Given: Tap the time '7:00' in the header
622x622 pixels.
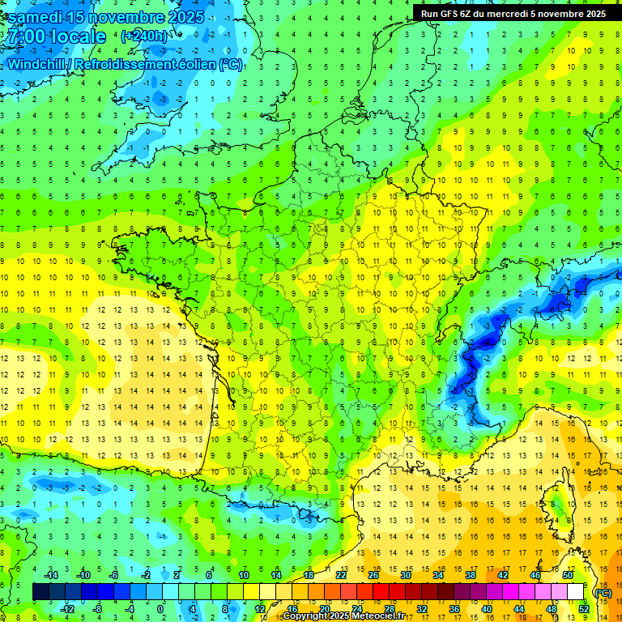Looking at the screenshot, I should (x=24, y=36).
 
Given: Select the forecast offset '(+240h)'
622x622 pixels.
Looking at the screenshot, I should (x=145, y=36).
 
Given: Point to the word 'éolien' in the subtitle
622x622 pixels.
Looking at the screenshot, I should (x=194, y=64).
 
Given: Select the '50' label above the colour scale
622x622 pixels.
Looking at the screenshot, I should (x=568, y=575).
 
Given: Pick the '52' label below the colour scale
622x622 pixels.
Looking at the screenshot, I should (x=584, y=609).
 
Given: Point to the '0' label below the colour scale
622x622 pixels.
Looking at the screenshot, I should (x=161, y=609).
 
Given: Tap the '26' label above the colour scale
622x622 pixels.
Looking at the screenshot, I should (x=373, y=575).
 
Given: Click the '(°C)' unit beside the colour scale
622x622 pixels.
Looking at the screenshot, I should (x=603, y=592).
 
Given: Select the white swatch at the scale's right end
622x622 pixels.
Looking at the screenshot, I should (x=576, y=592).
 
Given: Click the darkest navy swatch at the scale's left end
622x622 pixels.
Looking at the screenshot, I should (x=40, y=592).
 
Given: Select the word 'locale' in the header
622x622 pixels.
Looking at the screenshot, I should (x=78, y=36).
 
